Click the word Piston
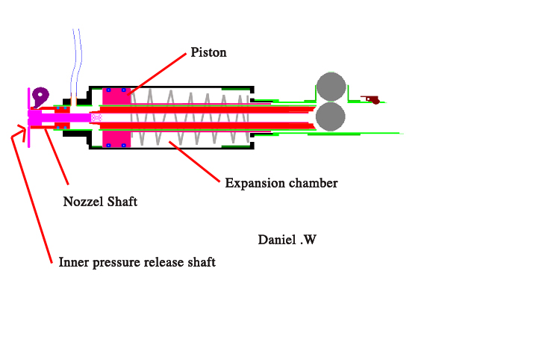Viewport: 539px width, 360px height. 208,52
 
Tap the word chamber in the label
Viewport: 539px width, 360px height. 311,183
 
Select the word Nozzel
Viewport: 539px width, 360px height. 84,202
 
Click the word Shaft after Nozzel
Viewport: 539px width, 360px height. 122,202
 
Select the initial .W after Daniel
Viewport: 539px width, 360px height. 309,240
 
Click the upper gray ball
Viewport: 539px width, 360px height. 331,87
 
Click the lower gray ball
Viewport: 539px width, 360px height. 331,117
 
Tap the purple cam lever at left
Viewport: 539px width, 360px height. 40,95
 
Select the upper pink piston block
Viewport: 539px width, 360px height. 117,98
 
